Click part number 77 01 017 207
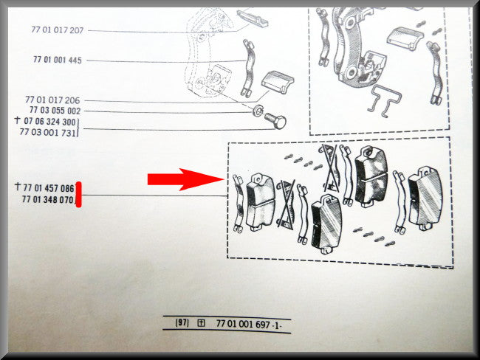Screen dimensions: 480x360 point(58,30)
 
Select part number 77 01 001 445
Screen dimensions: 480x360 point(58,60)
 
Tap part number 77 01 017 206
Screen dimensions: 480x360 point(52,100)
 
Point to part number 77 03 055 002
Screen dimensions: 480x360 point(55,111)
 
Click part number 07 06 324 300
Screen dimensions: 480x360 point(49,122)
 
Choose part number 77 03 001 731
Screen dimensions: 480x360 point(47,132)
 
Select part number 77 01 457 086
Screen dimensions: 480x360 point(49,188)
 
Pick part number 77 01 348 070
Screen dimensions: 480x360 point(47,199)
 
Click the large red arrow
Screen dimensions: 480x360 point(185,179)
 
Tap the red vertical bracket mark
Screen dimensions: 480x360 point(79,195)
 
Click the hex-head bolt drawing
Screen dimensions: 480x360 point(275,121)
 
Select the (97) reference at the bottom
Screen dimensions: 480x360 point(182,322)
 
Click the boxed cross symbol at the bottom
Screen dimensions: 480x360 point(201,323)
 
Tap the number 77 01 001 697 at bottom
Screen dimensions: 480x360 point(243,324)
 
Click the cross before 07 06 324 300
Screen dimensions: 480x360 point(18,120)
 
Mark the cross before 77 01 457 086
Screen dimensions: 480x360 point(18,186)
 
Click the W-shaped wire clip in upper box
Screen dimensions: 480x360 point(384,101)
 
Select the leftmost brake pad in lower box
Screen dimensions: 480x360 point(260,203)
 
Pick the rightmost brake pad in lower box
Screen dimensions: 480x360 point(425,198)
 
